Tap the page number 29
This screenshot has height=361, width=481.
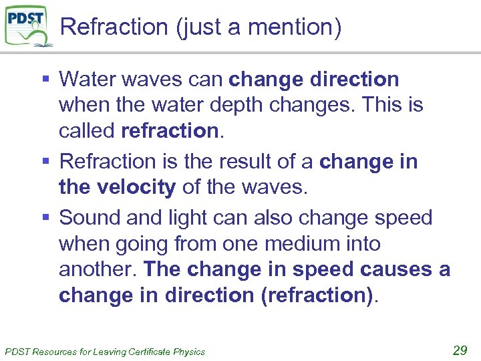point(460,350)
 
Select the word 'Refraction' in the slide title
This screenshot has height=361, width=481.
point(114,27)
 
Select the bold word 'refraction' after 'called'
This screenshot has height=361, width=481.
point(170,131)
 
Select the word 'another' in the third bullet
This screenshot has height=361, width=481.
point(98,269)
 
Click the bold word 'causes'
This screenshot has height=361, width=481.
point(395,269)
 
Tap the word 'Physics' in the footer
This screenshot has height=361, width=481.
point(190,352)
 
